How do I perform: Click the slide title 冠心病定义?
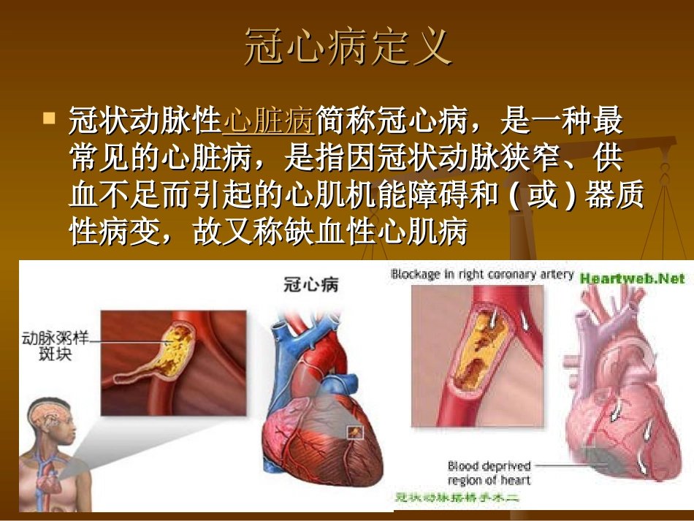click(x=347, y=48)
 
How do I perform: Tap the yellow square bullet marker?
click(x=50, y=117)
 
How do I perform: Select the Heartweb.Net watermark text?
click(x=633, y=278)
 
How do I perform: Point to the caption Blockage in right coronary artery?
click(x=482, y=275)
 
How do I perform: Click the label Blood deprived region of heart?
click(x=489, y=473)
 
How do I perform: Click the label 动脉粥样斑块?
click(x=50, y=347)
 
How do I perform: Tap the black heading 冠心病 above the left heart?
click(x=310, y=284)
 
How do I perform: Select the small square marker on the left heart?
click(x=355, y=432)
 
